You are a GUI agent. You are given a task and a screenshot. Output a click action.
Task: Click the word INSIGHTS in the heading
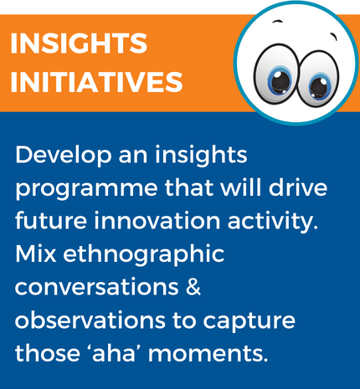point(79,43)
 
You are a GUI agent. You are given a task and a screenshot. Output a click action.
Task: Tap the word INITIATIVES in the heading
point(96,82)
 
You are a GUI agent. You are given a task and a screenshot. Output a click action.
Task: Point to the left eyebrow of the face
point(277,22)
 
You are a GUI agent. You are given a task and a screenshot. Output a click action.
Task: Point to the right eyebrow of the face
point(334,37)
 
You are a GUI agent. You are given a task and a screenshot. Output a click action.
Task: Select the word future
point(51,220)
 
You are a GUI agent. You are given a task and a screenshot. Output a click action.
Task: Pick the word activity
point(273,223)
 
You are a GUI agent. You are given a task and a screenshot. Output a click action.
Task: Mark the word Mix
point(36,253)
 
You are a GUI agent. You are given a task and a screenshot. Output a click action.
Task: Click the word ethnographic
point(144,255)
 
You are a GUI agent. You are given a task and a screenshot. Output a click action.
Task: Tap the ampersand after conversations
point(193,287)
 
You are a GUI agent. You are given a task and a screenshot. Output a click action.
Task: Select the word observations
point(90,320)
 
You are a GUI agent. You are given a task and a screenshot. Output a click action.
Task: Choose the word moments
point(208,354)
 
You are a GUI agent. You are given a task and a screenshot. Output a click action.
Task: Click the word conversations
point(97,288)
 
